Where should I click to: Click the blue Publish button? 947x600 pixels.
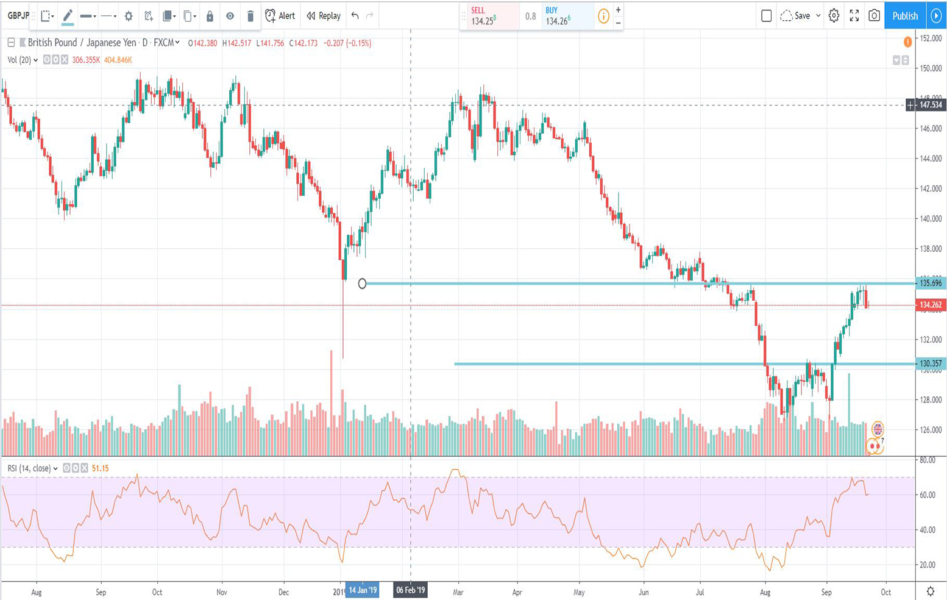point(904,16)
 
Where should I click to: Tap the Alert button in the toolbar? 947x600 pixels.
point(280,16)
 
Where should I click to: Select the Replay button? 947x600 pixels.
point(324,16)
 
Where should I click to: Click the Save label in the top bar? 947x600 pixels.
point(802,16)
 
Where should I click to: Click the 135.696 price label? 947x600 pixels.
point(931,283)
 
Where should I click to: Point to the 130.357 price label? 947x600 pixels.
point(931,363)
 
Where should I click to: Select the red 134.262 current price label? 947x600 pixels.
point(931,305)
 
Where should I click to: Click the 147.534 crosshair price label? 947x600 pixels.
point(931,105)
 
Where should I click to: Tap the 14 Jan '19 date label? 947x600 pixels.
point(362,590)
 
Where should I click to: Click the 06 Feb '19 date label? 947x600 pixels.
point(410,590)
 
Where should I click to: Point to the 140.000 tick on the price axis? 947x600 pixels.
point(931,219)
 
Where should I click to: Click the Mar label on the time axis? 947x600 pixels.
point(458,592)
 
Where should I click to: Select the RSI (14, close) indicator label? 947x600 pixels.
point(29,468)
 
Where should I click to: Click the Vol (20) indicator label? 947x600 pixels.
point(20,60)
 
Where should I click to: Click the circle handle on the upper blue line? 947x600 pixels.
point(362,284)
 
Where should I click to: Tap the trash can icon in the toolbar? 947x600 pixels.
point(250,16)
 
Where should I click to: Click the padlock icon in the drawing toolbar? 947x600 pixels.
point(210,16)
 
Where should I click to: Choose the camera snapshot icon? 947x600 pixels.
point(874,16)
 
